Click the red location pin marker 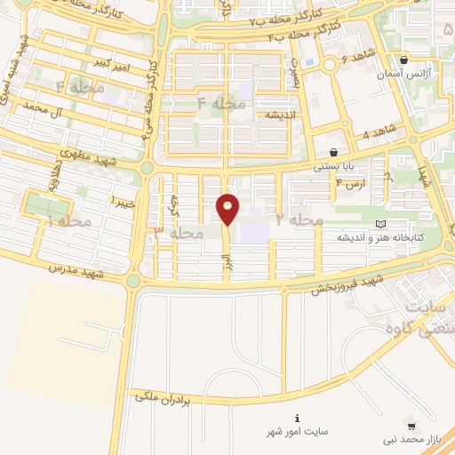[228, 208]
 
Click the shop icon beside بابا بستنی [333, 152]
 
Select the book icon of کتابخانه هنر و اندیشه [381, 224]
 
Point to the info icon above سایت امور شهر [297, 418]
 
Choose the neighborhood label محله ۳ [179, 232]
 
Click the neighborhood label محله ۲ [299, 219]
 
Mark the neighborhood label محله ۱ [69, 220]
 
